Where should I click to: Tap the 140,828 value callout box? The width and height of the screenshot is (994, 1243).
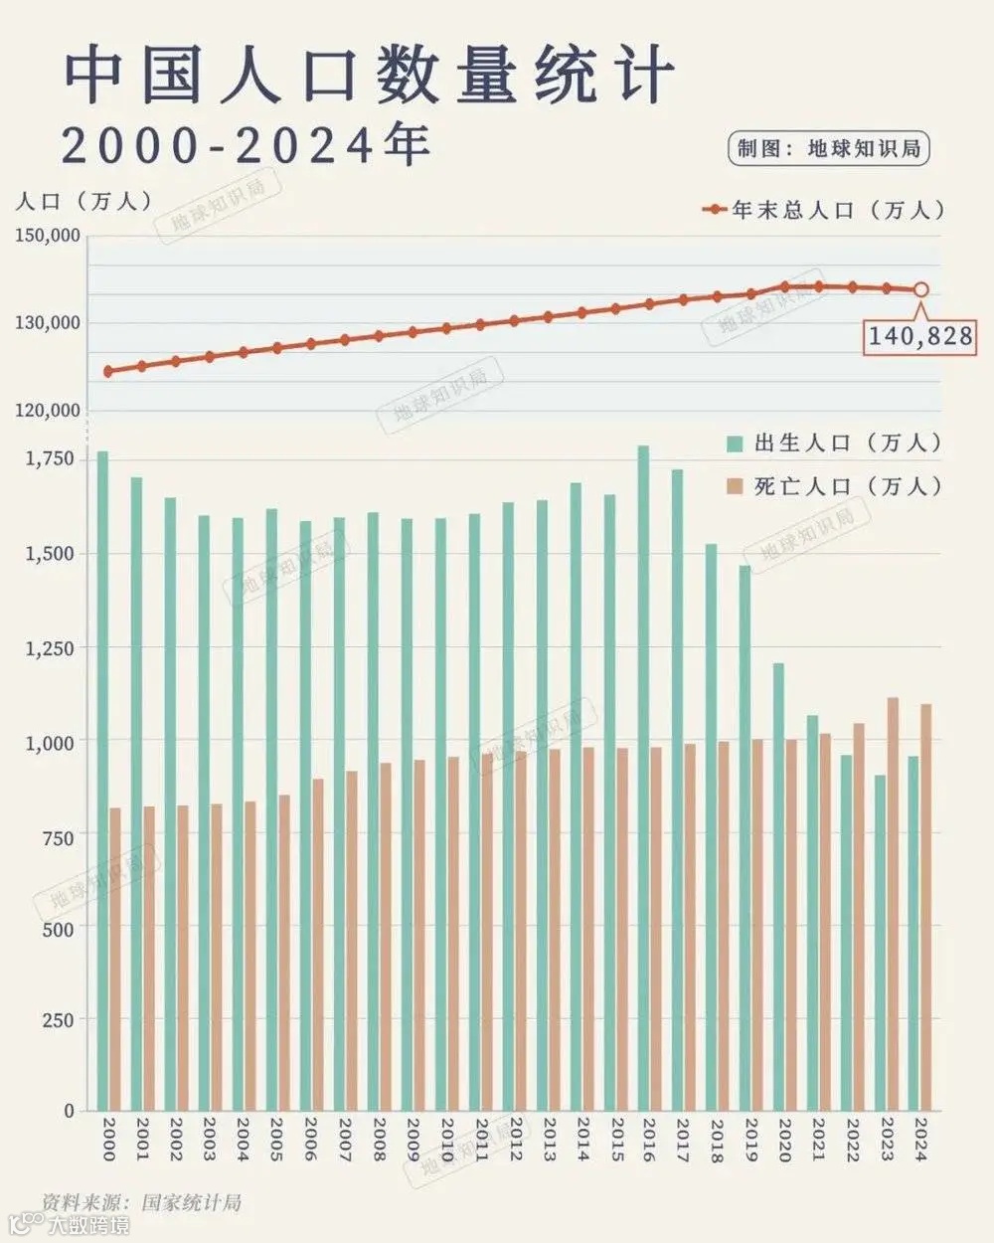tap(920, 336)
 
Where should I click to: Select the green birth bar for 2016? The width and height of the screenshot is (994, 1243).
tap(643, 776)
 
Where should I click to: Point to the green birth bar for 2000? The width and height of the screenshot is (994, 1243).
tap(102, 781)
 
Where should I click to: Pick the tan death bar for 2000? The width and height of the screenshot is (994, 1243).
tap(115, 959)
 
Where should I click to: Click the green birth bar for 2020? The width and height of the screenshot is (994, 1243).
tap(778, 885)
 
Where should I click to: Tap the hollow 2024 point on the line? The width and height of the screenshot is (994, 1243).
tap(920, 289)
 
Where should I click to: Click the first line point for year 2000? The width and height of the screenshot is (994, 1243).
tap(108, 371)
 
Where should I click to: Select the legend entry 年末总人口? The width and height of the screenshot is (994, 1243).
tap(825, 210)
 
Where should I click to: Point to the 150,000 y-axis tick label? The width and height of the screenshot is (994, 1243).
tap(48, 236)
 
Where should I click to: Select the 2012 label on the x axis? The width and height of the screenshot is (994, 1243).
tap(515, 1140)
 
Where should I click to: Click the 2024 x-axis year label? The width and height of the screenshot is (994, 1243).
tap(921, 1140)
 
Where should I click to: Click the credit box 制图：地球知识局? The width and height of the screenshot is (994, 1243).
tap(829, 149)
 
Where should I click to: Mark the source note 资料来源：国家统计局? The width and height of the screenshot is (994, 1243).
tap(142, 1201)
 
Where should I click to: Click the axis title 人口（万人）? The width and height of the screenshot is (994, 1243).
tap(84, 201)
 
